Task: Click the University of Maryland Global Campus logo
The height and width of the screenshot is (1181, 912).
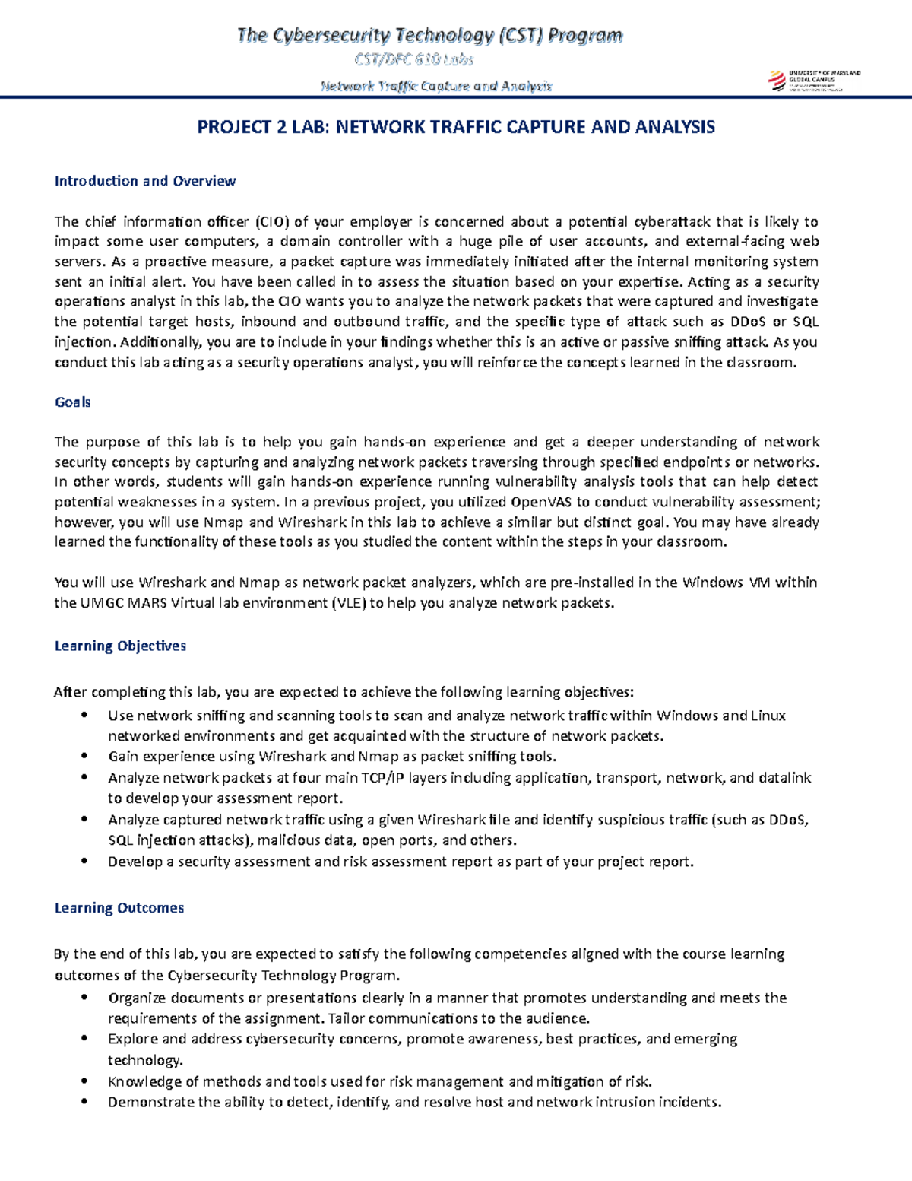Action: [x=815, y=80]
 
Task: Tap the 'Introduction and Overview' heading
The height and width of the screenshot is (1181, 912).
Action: [x=145, y=181]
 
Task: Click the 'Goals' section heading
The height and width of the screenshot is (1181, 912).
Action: [x=73, y=402]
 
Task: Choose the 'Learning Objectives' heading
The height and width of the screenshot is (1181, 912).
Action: [x=120, y=646]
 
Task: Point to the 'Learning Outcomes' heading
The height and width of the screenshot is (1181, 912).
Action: [x=119, y=908]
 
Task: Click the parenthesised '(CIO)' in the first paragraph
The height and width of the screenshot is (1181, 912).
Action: [x=271, y=222]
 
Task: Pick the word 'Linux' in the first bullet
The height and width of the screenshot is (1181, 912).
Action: [x=768, y=716]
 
